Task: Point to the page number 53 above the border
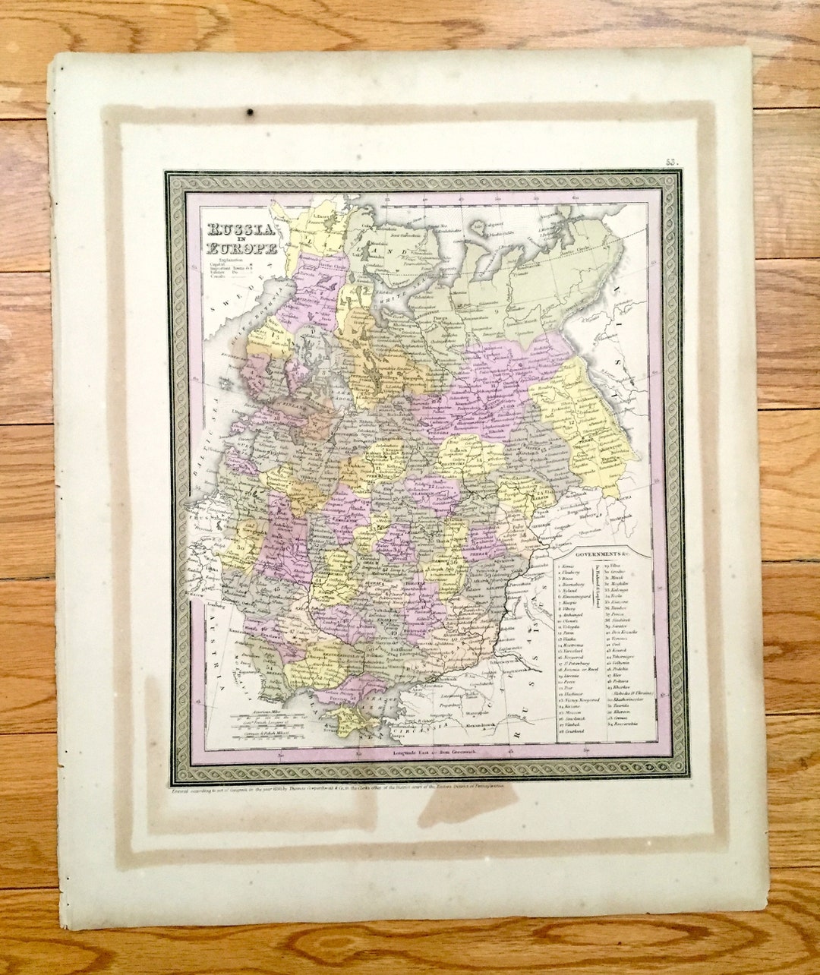click(x=670, y=161)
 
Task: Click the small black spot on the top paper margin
click(x=250, y=113)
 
